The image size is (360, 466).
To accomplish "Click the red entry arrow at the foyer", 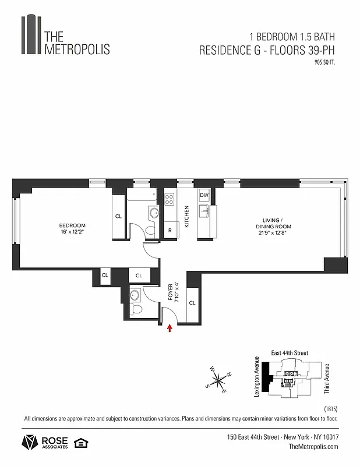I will point(170,329).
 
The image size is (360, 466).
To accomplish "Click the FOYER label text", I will point(171,290).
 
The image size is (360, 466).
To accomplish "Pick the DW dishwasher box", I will point(204,196).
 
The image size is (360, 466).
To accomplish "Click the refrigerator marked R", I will point(170,231).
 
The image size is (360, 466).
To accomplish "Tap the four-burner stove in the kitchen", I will point(170,200).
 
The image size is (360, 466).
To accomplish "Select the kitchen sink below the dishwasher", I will point(204,210).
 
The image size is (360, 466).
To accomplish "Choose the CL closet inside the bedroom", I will point(118,216).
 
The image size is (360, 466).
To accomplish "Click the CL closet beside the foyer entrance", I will point(192,303).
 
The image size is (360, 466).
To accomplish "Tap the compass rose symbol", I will point(218,381).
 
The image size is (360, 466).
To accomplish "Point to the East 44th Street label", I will point(290,353).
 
